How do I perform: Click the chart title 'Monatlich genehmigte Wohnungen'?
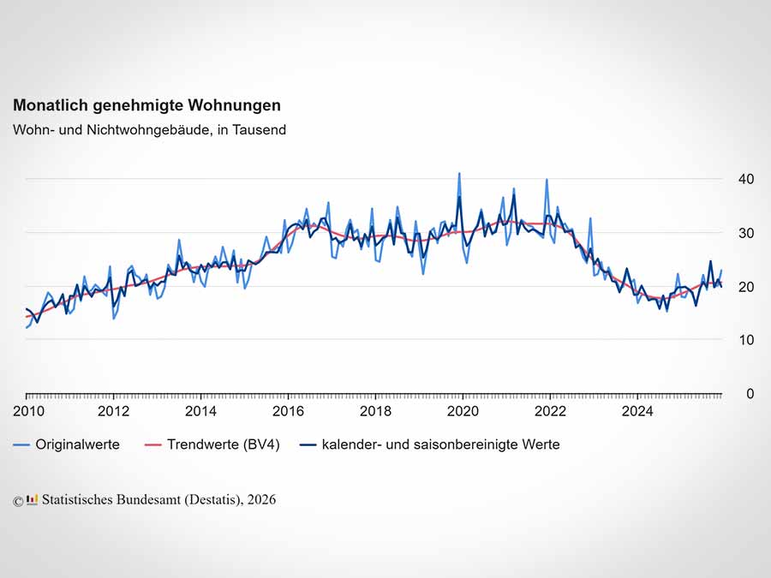tap(146, 105)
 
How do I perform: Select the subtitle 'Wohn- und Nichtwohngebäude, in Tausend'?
tap(149, 130)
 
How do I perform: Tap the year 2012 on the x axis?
tap(113, 411)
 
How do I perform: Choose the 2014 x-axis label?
tap(200, 411)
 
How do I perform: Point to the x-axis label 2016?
tap(288, 411)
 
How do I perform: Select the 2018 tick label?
tap(375, 411)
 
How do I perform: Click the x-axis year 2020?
tap(463, 411)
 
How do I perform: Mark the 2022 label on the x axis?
tap(550, 411)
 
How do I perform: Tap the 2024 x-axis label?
tap(637, 411)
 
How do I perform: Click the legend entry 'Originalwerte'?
tap(77, 444)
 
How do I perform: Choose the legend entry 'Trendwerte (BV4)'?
tap(216, 444)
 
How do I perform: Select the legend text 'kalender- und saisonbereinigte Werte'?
tap(440, 444)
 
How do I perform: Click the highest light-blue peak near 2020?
tap(458, 174)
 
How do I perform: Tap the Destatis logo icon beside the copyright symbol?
tap(33, 500)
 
